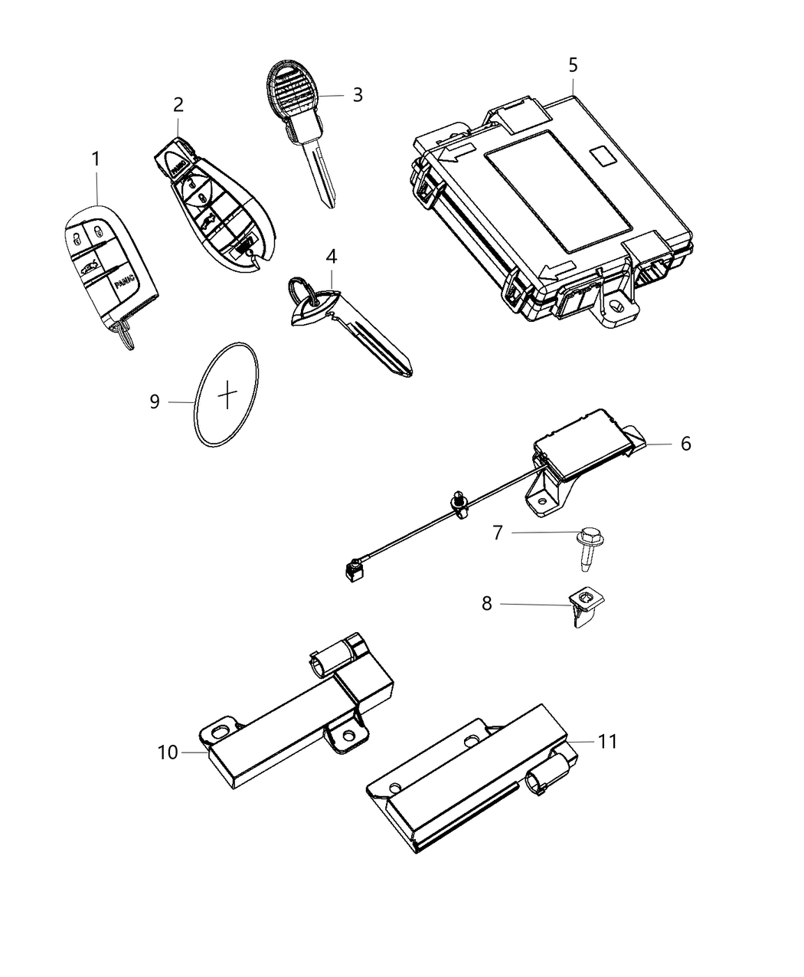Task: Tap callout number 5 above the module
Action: (573, 65)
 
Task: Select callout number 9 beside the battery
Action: (154, 401)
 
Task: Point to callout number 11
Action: (606, 741)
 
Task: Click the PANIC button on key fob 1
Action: (125, 284)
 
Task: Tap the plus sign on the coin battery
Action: (228, 395)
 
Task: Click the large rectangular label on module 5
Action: (558, 191)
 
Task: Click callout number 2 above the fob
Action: (178, 104)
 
